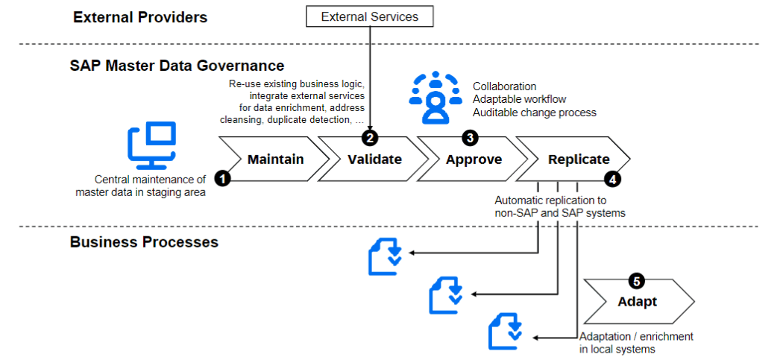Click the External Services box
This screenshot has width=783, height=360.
coord(370,16)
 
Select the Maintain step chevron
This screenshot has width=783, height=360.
coord(275,160)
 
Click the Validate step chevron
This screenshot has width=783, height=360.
coord(374,160)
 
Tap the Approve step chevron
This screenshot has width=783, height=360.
coord(474,160)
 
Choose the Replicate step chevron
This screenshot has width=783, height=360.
coord(578,160)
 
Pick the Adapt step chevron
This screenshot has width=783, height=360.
coord(638,301)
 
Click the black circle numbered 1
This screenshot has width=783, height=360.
coord(221,178)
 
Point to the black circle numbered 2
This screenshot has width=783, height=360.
coord(370,137)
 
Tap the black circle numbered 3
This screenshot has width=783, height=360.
coord(470,137)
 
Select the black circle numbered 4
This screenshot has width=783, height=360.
coord(612,179)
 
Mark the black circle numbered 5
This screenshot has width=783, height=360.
coord(636,281)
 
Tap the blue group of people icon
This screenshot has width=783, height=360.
coord(436,98)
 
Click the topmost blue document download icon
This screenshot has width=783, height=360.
coord(386,255)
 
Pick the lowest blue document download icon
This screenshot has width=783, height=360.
coord(505,332)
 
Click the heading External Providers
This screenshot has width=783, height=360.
coord(139,16)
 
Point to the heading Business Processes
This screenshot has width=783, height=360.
coord(144,242)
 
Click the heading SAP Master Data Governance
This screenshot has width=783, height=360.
coord(177,66)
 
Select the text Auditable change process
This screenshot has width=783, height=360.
coord(535,113)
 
